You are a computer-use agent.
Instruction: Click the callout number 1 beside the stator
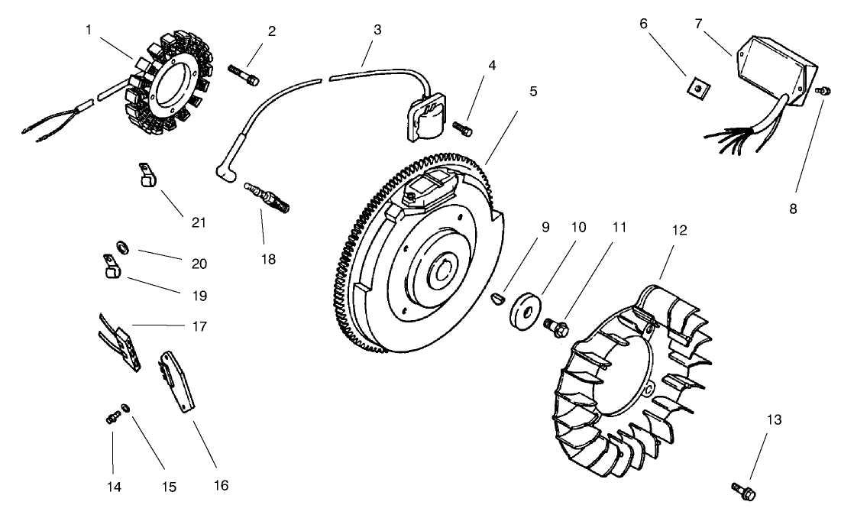pos(89,31)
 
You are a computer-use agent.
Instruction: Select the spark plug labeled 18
pos(267,193)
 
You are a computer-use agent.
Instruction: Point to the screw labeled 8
pos(821,92)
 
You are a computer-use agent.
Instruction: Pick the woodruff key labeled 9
pos(498,296)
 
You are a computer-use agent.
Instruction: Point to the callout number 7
pos(697,24)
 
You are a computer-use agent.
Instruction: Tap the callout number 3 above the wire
pos(377,31)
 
